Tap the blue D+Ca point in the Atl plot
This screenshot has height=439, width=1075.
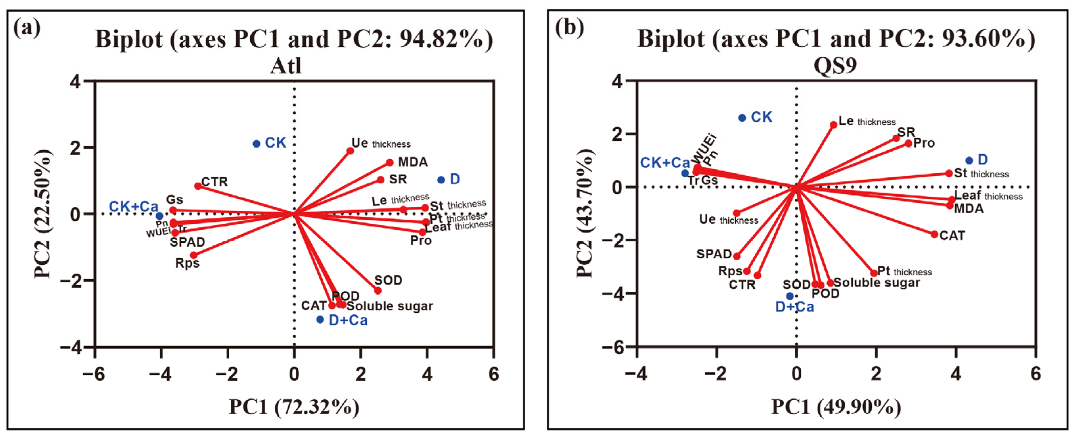coord(320,320)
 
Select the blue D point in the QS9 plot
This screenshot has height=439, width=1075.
coord(969,160)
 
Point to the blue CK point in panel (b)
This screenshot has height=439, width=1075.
coord(742,118)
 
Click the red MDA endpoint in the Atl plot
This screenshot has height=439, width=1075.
coord(390,162)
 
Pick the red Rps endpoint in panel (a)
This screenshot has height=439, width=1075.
coord(193,255)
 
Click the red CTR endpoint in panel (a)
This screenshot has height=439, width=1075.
coord(198,186)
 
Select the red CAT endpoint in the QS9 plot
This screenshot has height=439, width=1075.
coord(934,234)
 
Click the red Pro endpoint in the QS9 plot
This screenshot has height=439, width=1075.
coord(909,143)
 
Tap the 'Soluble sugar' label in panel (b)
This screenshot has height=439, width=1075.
coord(876,283)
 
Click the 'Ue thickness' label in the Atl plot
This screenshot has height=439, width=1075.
coord(381,143)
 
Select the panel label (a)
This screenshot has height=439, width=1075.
coord(27,28)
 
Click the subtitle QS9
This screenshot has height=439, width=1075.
coord(836,66)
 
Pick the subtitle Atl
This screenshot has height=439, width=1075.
coord(286,66)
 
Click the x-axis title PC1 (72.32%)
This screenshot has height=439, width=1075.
coord(294,407)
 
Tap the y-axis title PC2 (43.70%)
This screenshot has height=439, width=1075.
coord(585,214)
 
